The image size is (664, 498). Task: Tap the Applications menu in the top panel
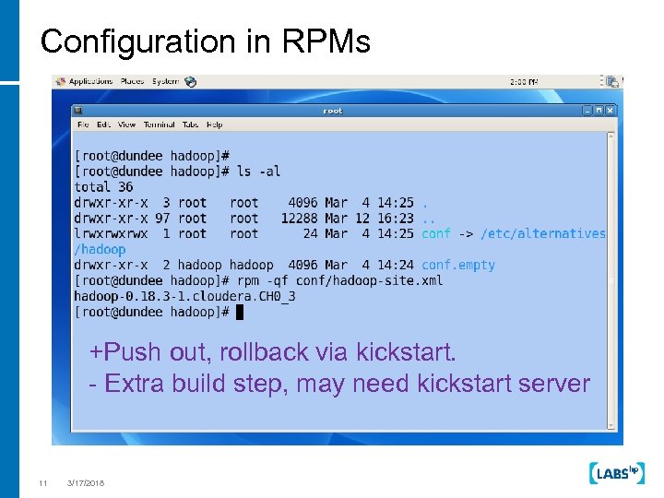click(x=89, y=81)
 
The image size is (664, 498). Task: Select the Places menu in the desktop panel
click(x=133, y=81)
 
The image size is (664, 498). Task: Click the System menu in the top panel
click(x=166, y=81)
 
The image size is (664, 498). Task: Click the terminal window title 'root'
click(x=332, y=111)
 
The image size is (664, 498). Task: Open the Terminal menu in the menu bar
click(x=159, y=125)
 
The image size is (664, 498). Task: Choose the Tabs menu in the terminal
click(x=190, y=125)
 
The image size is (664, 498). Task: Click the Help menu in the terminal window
click(x=215, y=125)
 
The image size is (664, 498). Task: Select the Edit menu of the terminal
click(x=104, y=125)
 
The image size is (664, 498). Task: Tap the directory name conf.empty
click(x=458, y=266)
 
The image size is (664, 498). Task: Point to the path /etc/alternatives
click(x=543, y=234)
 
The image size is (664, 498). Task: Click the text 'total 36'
click(x=104, y=187)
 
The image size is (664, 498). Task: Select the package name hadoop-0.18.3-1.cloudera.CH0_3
click(x=184, y=296)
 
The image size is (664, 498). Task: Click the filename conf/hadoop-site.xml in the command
click(x=367, y=280)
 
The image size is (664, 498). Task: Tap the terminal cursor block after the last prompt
click(x=240, y=312)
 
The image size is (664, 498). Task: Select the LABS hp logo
click(x=615, y=473)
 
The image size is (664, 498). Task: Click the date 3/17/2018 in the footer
click(x=86, y=483)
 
